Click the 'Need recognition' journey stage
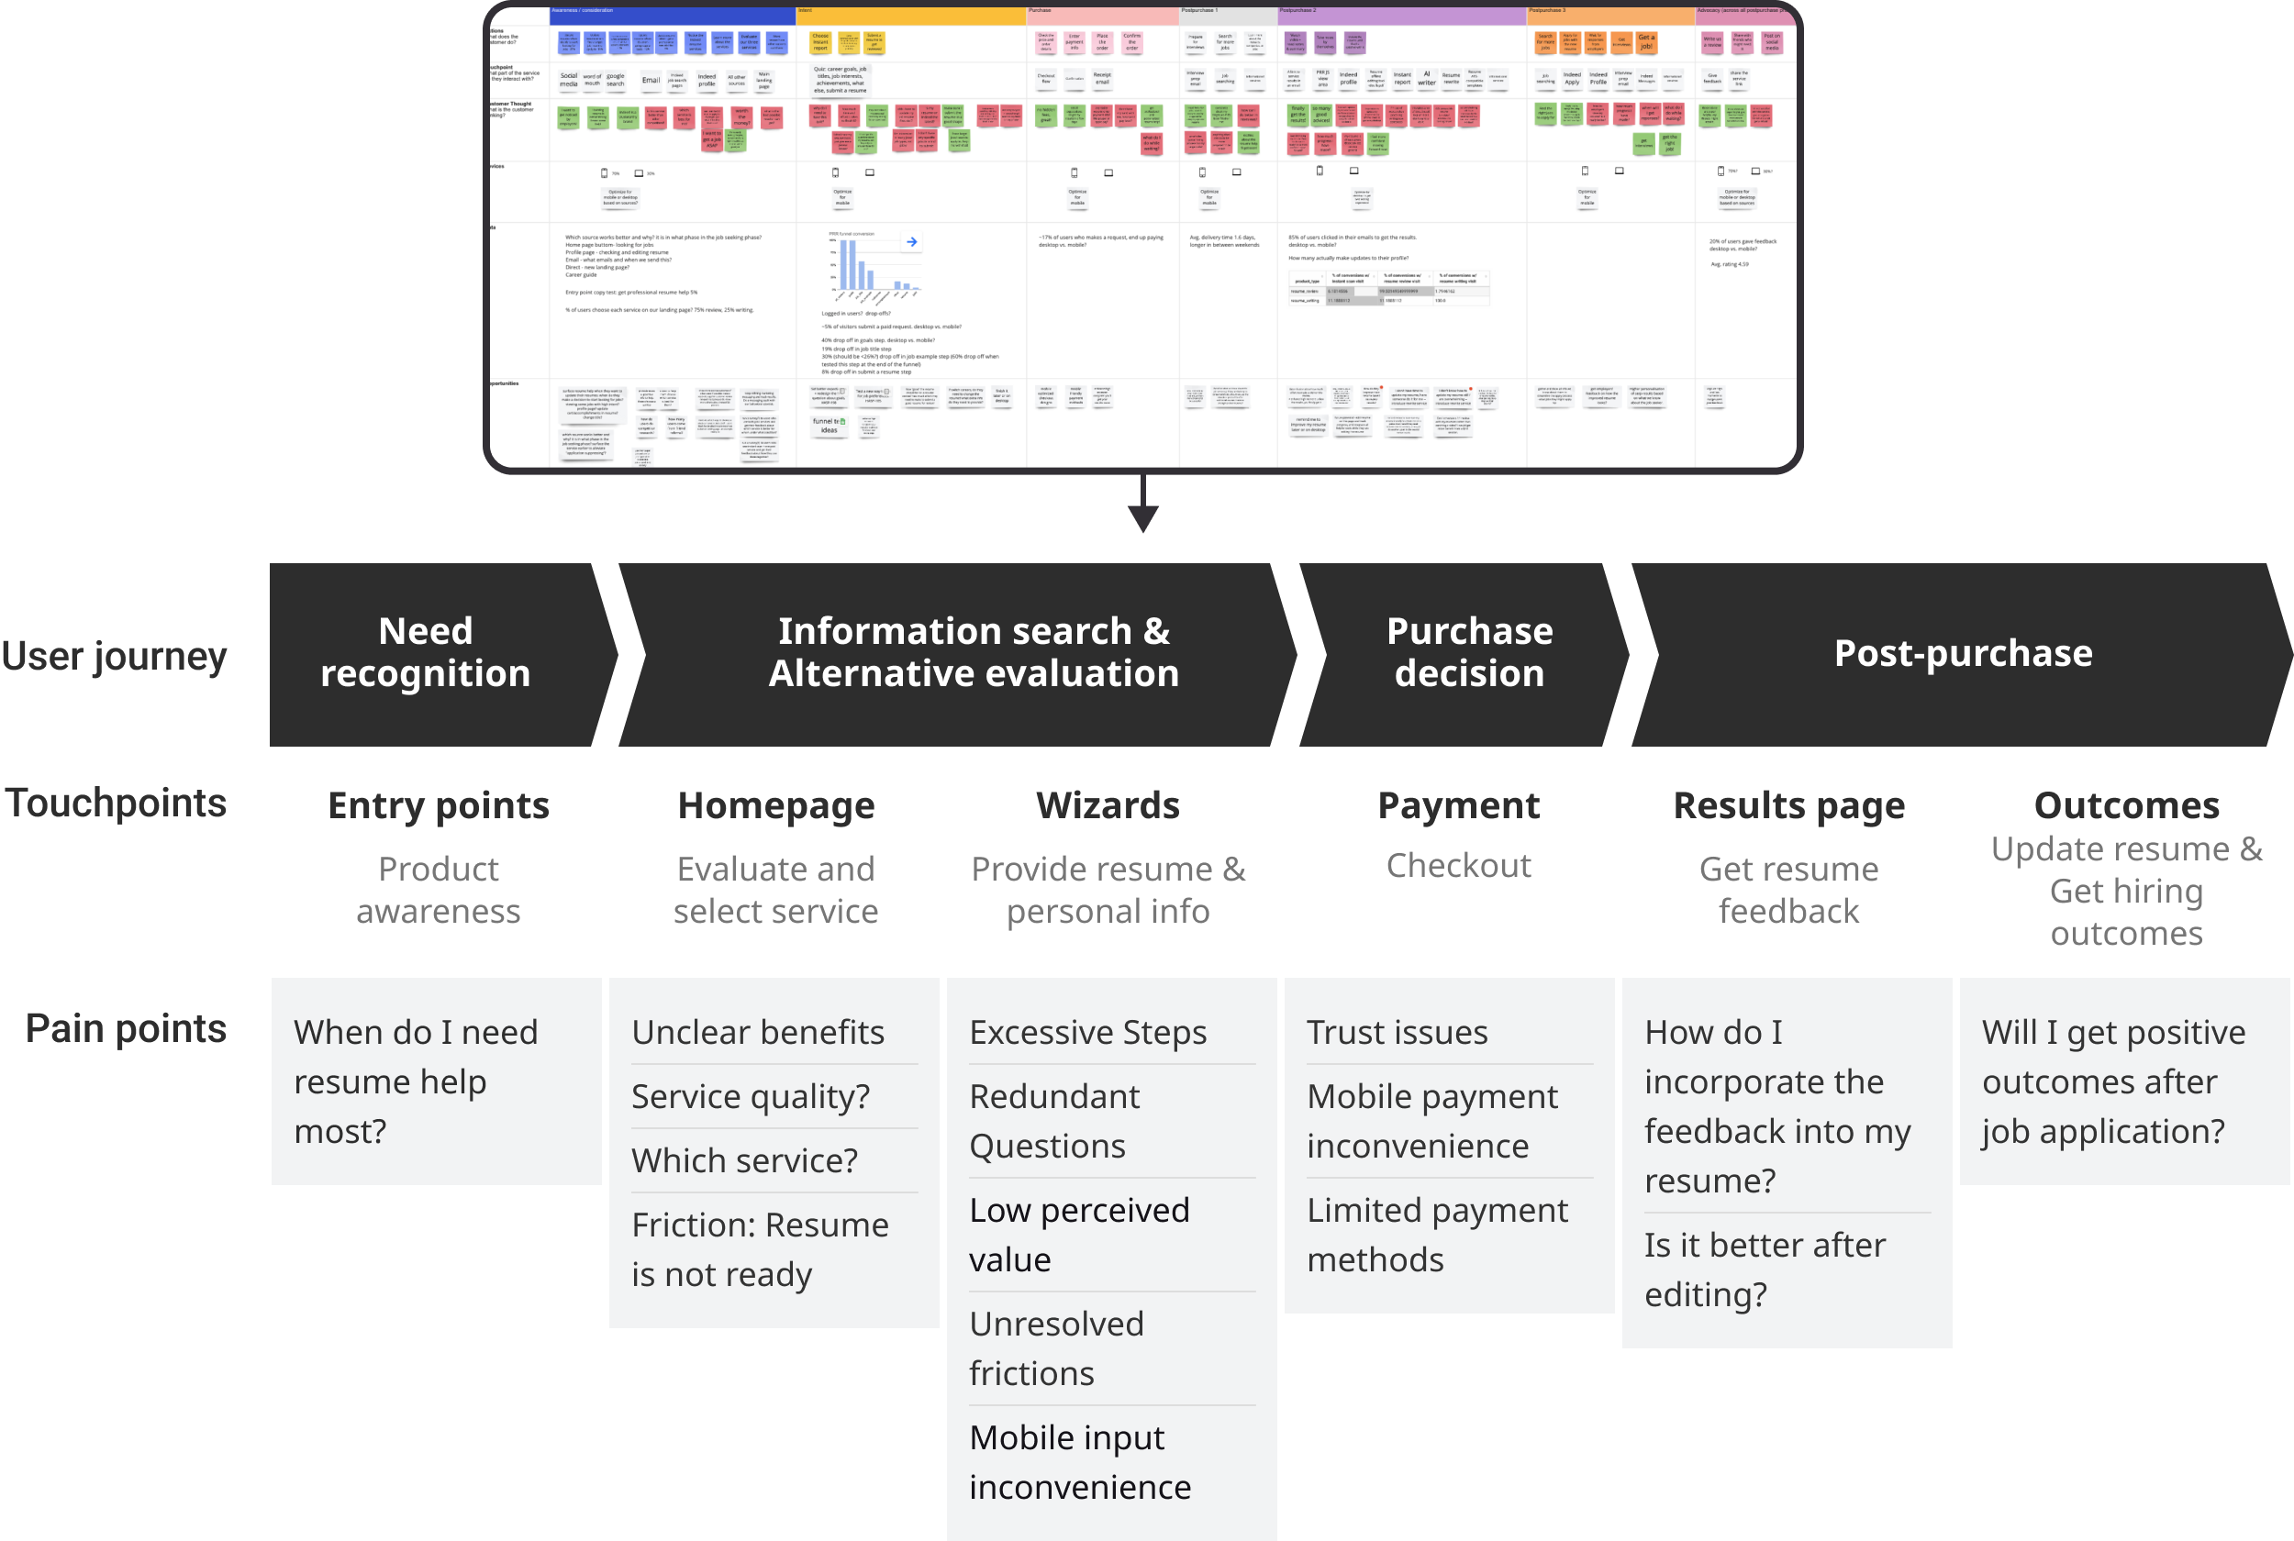426,652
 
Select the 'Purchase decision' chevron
1468,652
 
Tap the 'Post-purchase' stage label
1963,653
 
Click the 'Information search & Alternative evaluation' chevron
973,652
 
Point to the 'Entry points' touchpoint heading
439,806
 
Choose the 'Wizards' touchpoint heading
1108,806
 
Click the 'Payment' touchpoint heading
1459,806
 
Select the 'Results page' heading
1788,806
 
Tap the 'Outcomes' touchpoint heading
2126,806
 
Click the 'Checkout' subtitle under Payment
1459,866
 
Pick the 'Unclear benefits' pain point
758,1033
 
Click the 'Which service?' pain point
744,1160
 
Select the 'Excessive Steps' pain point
1087,1033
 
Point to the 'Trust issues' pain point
1397,1033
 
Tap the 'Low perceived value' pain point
1079,1236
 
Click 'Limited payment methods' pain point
1437,1236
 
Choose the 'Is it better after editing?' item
1765,1269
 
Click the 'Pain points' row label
126,1029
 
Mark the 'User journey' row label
114,657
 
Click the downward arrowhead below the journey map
1142,518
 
